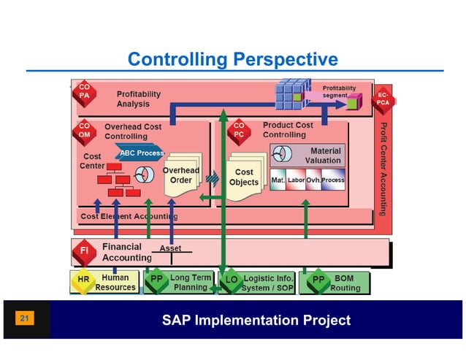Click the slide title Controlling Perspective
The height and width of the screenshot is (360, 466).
coord(232,59)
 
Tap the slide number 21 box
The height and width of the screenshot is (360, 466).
coord(24,319)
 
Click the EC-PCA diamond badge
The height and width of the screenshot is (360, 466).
coord(383,100)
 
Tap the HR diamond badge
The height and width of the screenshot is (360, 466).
coord(83,281)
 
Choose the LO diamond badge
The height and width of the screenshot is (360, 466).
coord(231,281)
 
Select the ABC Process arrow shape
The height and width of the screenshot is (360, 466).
coord(140,153)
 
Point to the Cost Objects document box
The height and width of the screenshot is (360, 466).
coord(243,177)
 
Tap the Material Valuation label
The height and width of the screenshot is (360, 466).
coord(322,155)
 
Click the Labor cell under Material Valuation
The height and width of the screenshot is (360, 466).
coord(296,180)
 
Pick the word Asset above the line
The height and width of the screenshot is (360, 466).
coord(170,248)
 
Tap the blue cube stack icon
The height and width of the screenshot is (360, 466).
coord(292,94)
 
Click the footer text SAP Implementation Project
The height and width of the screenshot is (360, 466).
coord(256,320)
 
